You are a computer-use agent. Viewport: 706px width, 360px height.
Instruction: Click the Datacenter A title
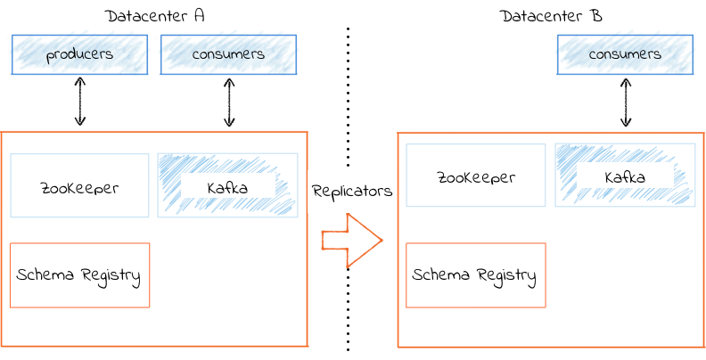point(155,16)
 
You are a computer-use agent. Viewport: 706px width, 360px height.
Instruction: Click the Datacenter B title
point(551,16)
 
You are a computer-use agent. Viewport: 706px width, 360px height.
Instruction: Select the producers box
point(79,54)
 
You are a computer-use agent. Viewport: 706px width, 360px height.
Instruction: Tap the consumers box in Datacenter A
point(229,54)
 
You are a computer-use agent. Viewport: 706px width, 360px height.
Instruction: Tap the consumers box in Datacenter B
point(626,54)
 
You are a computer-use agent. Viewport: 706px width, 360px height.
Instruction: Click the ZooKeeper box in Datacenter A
point(79,185)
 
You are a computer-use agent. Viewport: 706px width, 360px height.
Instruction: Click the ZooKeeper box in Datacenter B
point(476,175)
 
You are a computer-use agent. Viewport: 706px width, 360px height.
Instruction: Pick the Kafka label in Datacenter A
point(227,188)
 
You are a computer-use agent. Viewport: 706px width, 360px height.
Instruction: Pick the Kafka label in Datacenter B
point(625,177)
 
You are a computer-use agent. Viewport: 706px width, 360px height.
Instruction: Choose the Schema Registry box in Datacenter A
point(79,275)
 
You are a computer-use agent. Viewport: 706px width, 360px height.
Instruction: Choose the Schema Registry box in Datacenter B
point(476,275)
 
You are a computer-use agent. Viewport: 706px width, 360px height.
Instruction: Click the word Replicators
point(352,192)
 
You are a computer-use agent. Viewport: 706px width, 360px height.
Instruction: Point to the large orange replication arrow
point(352,241)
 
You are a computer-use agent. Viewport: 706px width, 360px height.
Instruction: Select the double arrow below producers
point(80,102)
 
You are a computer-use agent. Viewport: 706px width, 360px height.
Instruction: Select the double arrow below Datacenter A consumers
point(230,102)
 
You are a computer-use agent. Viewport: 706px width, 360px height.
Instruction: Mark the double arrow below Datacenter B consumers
point(626,102)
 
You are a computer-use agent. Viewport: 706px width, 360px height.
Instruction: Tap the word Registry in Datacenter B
point(507,276)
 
